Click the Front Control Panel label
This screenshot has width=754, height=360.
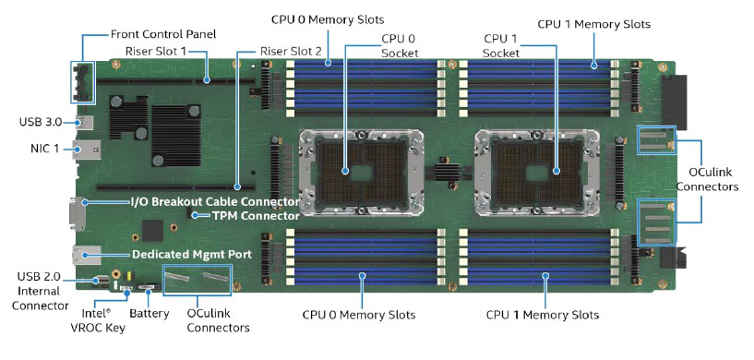163,34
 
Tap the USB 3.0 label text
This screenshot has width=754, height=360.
41,122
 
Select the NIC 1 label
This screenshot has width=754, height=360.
43,149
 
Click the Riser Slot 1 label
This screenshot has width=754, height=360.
155,51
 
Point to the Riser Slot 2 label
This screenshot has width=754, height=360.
291,51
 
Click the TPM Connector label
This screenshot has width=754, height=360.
256,216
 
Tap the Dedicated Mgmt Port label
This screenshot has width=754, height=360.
192,254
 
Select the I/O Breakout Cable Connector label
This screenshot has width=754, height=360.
215,201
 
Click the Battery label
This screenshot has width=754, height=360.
150,314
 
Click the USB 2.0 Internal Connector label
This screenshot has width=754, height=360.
40,291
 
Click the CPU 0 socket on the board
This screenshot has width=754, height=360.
361,171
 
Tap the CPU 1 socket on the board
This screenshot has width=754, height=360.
537,171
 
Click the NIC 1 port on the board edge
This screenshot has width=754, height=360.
87,150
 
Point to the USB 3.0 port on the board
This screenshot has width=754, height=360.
85,123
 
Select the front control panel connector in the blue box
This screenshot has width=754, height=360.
83,82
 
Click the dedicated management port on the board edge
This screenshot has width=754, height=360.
87,255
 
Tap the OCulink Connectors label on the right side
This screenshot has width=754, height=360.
707,179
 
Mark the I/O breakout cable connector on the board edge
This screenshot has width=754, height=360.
78,213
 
